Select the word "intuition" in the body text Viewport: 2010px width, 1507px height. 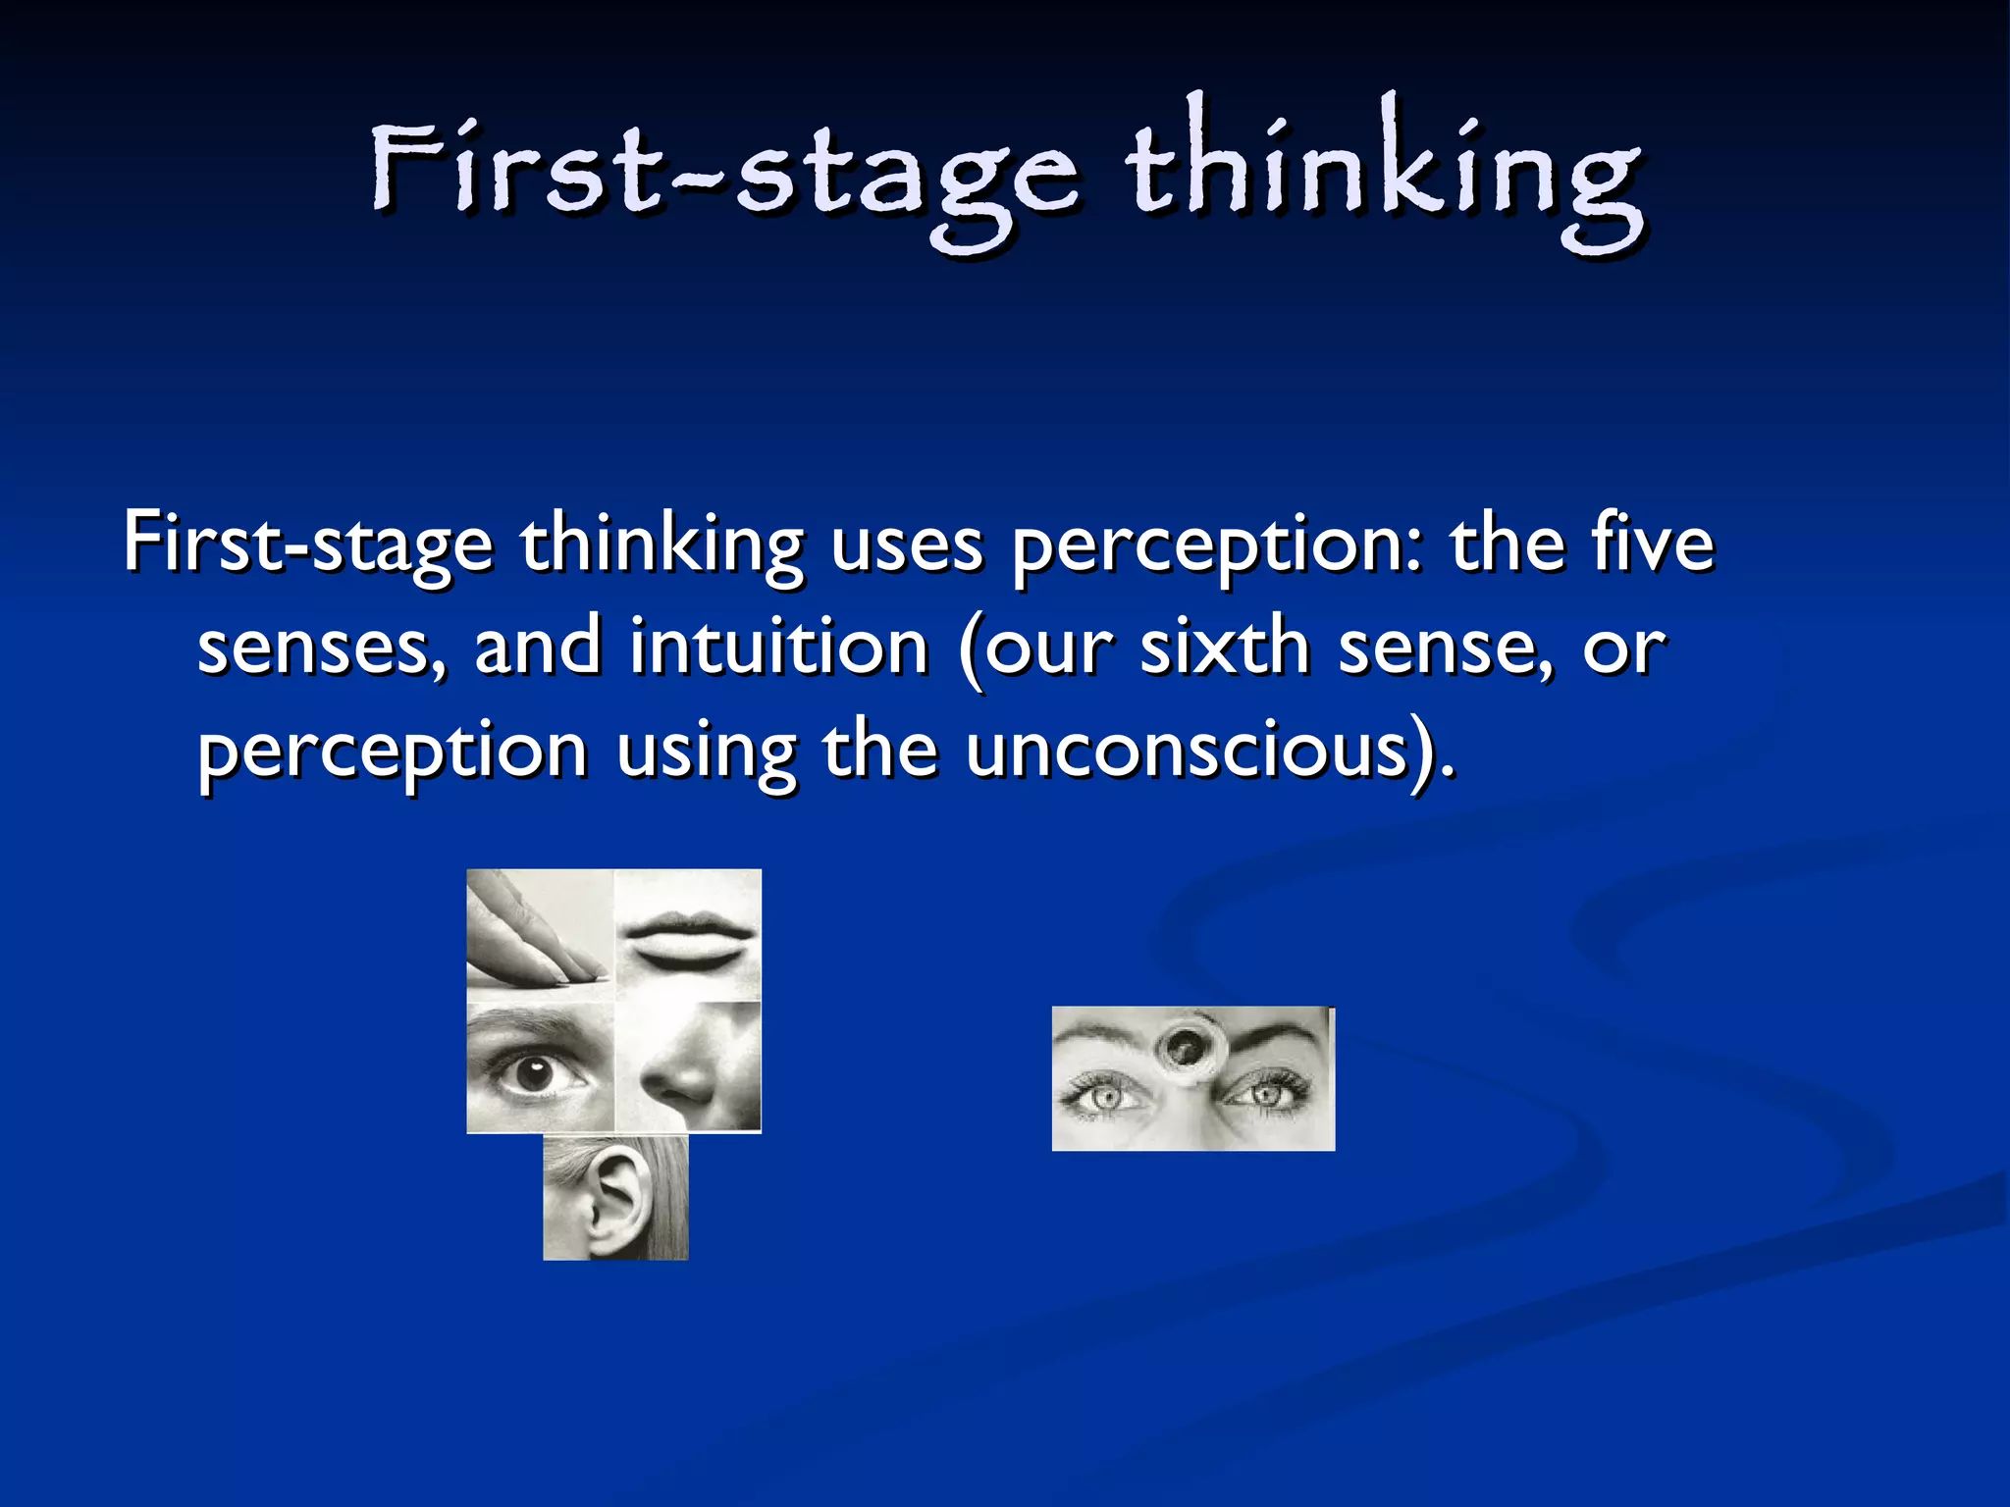(x=779, y=649)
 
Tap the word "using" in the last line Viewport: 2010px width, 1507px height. (x=705, y=753)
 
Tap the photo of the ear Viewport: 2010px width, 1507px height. (x=615, y=1197)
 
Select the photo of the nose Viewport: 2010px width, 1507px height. (x=688, y=1067)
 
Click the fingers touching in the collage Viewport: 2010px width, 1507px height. (x=539, y=932)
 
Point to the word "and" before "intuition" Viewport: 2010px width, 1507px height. (x=537, y=649)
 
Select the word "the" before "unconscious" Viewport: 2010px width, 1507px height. (x=879, y=752)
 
